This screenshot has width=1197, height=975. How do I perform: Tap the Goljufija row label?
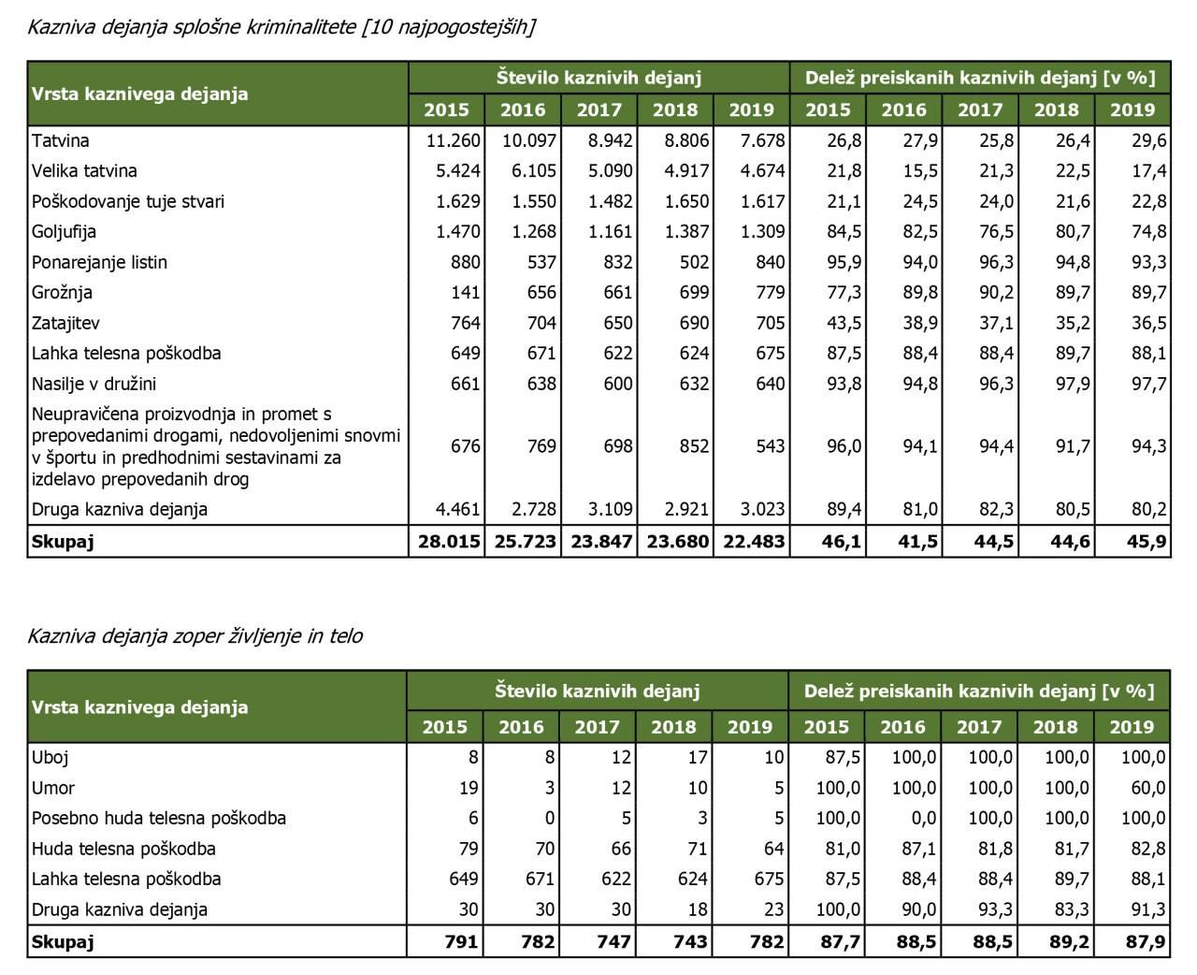pos(65,232)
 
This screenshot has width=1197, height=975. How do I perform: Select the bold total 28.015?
pos(448,542)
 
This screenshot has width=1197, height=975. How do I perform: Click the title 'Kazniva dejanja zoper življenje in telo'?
pos(195,636)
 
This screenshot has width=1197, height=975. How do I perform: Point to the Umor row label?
pos(53,788)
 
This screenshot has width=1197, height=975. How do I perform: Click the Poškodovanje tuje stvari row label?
pos(128,201)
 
